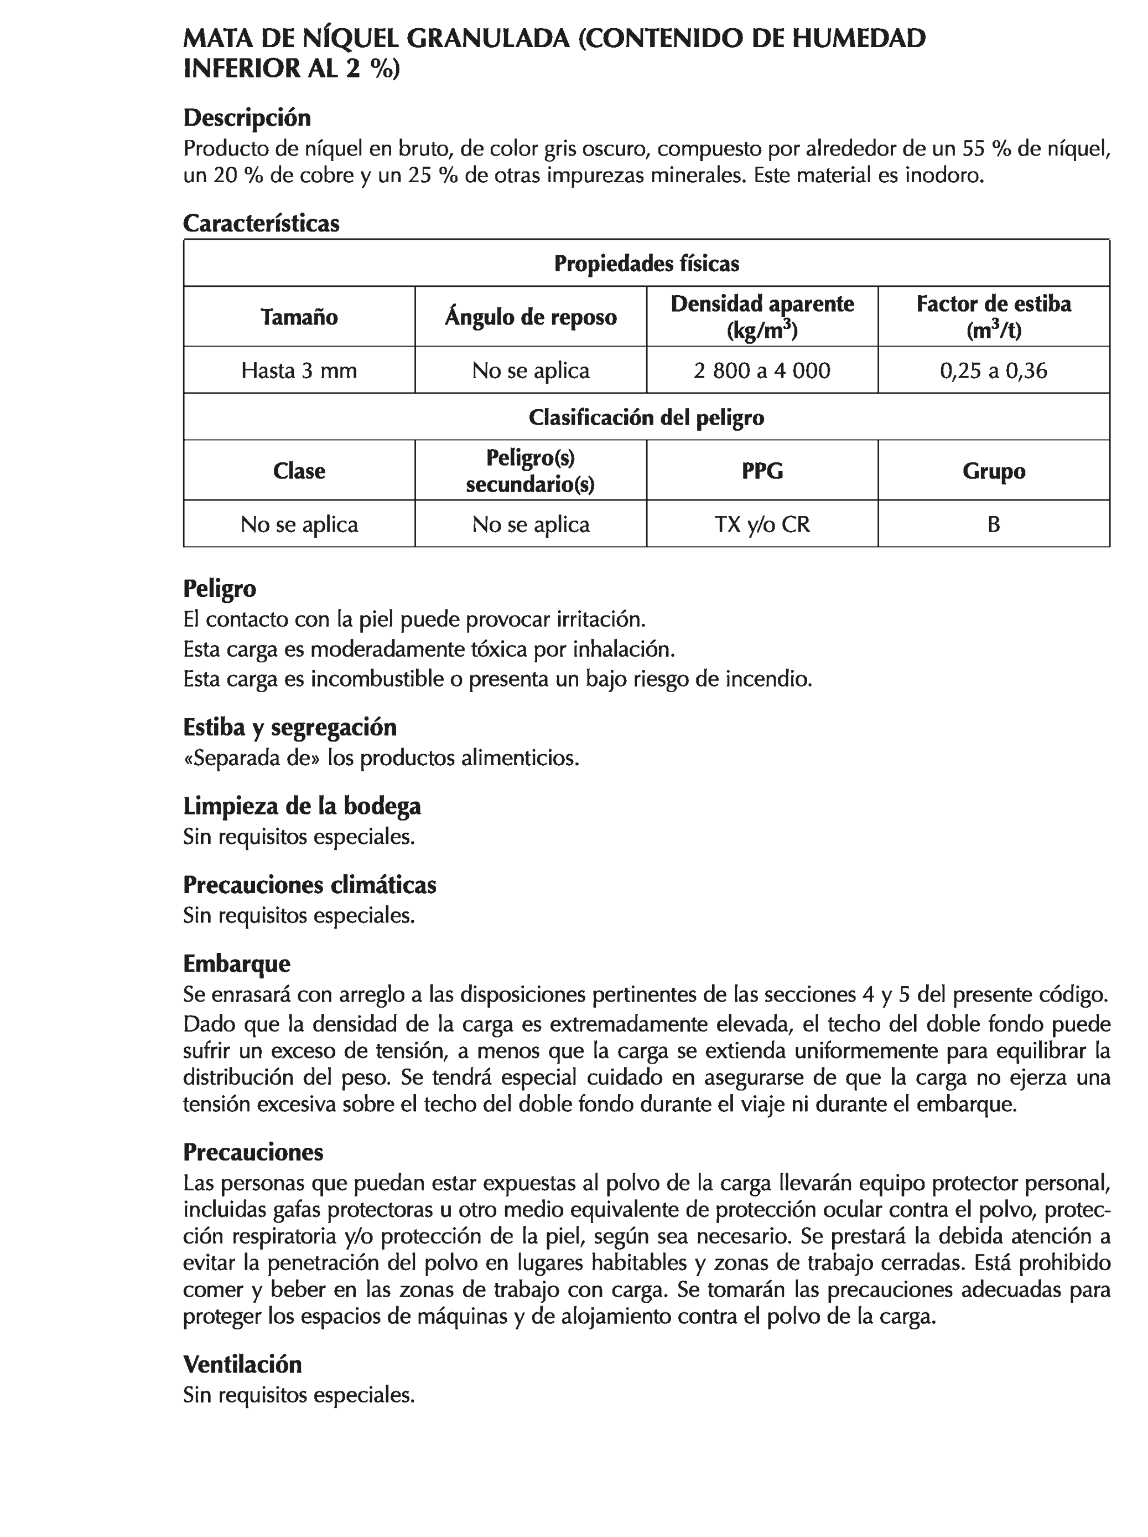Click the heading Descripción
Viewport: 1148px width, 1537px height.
pyautogui.click(x=247, y=117)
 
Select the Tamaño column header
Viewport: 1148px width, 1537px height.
pyautogui.click(x=299, y=317)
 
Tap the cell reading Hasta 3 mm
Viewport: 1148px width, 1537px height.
pyautogui.click(x=299, y=370)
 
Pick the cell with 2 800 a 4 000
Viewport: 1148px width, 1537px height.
pyautogui.click(x=761, y=370)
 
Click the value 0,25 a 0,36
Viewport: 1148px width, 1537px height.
pyautogui.click(x=993, y=370)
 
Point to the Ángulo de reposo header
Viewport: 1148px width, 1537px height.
pyautogui.click(x=531, y=317)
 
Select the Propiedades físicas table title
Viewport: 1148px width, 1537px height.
pyautogui.click(x=646, y=264)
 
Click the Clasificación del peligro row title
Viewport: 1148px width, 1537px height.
pyautogui.click(x=646, y=417)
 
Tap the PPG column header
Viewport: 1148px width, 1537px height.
pyautogui.click(x=761, y=471)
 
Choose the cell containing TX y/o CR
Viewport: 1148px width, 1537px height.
pyautogui.click(x=761, y=523)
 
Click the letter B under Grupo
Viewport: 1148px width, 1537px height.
pyautogui.click(x=993, y=523)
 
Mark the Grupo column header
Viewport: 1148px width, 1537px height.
pyautogui.click(x=993, y=471)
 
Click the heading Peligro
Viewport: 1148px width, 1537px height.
pyautogui.click(x=220, y=588)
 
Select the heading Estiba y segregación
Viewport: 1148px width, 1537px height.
pyautogui.click(x=289, y=727)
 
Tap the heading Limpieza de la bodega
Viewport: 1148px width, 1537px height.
pyautogui.click(x=302, y=806)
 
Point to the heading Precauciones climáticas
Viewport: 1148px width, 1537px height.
pyautogui.click(x=309, y=885)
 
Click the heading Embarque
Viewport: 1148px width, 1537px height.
pyautogui.click(x=236, y=963)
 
